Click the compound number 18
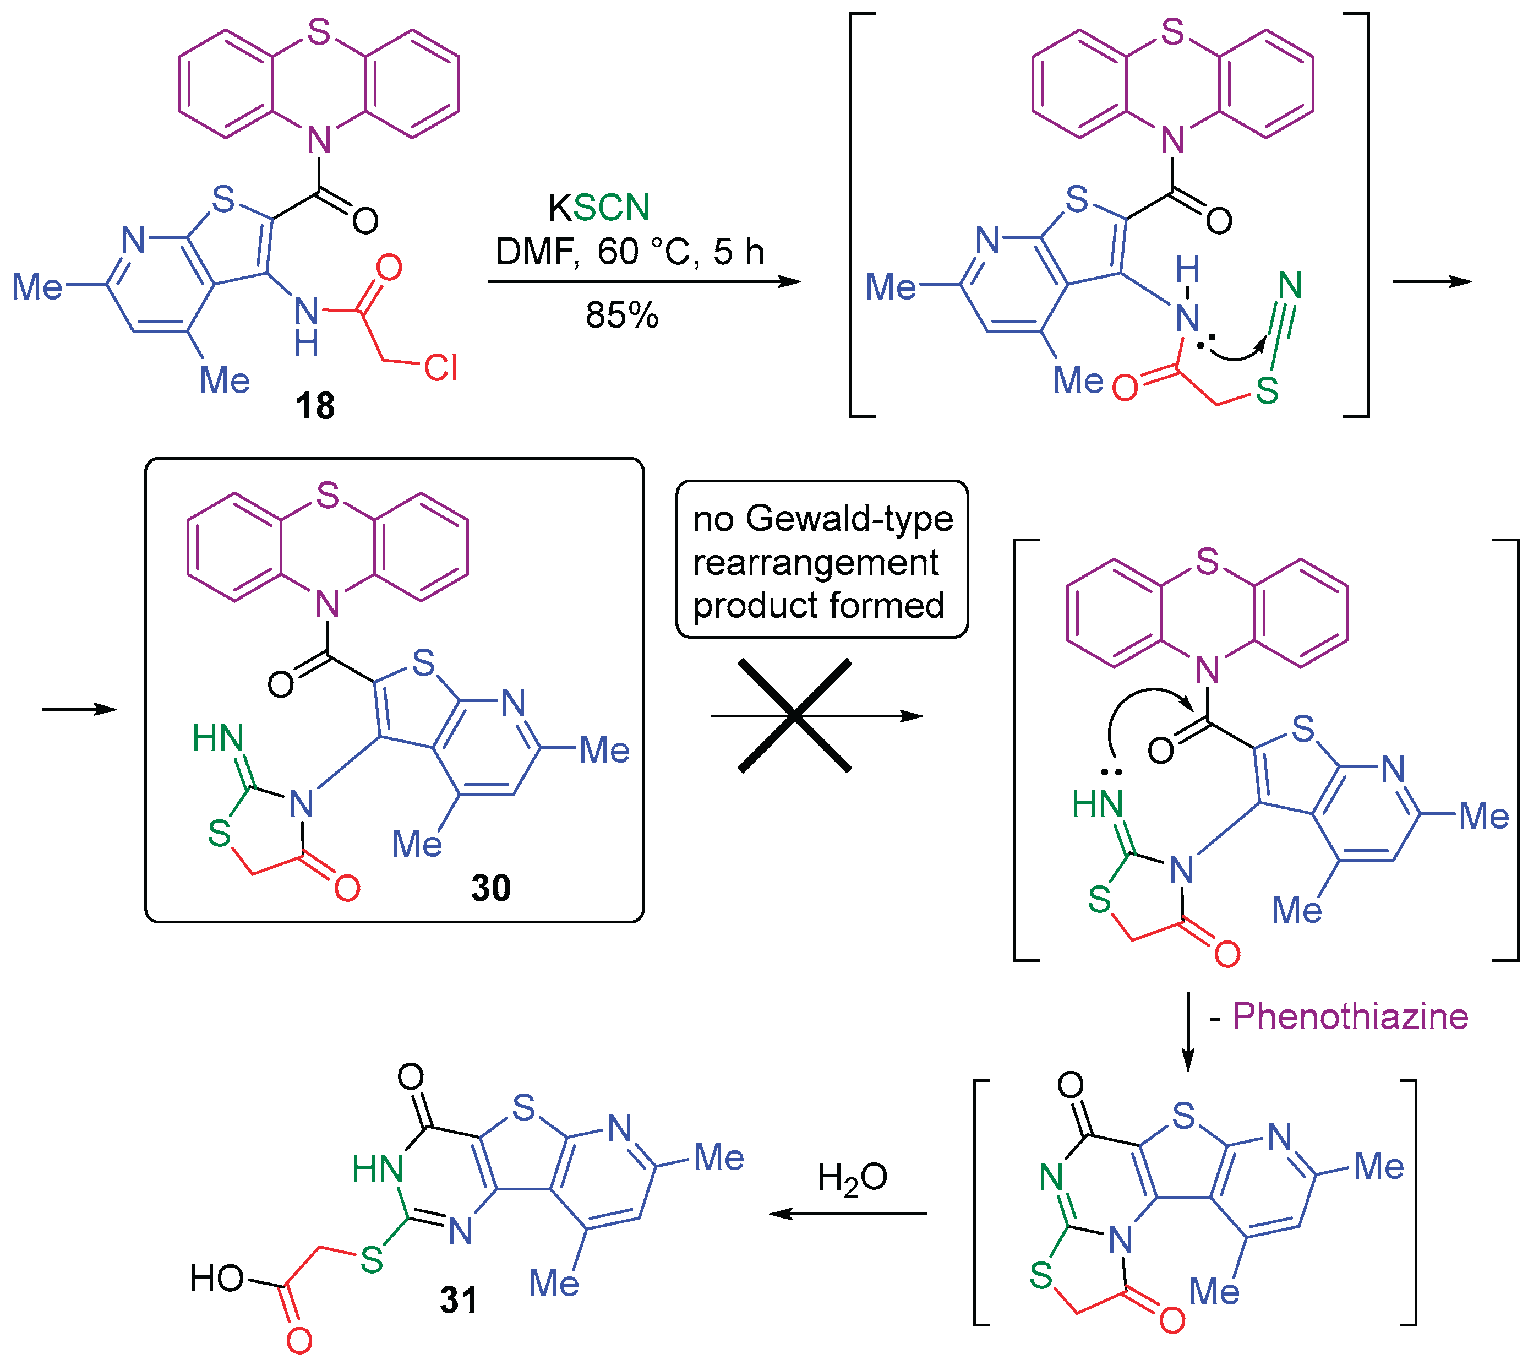tap(315, 406)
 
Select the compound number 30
tap(491, 888)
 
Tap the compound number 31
tap(458, 1299)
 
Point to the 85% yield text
tap(621, 315)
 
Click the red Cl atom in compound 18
tap(440, 367)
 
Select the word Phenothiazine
tap(1350, 1017)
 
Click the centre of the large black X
tap(795, 715)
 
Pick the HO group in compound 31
tap(217, 1278)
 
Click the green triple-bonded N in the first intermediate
tap(1290, 285)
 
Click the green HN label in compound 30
tap(218, 738)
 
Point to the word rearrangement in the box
tap(816, 563)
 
